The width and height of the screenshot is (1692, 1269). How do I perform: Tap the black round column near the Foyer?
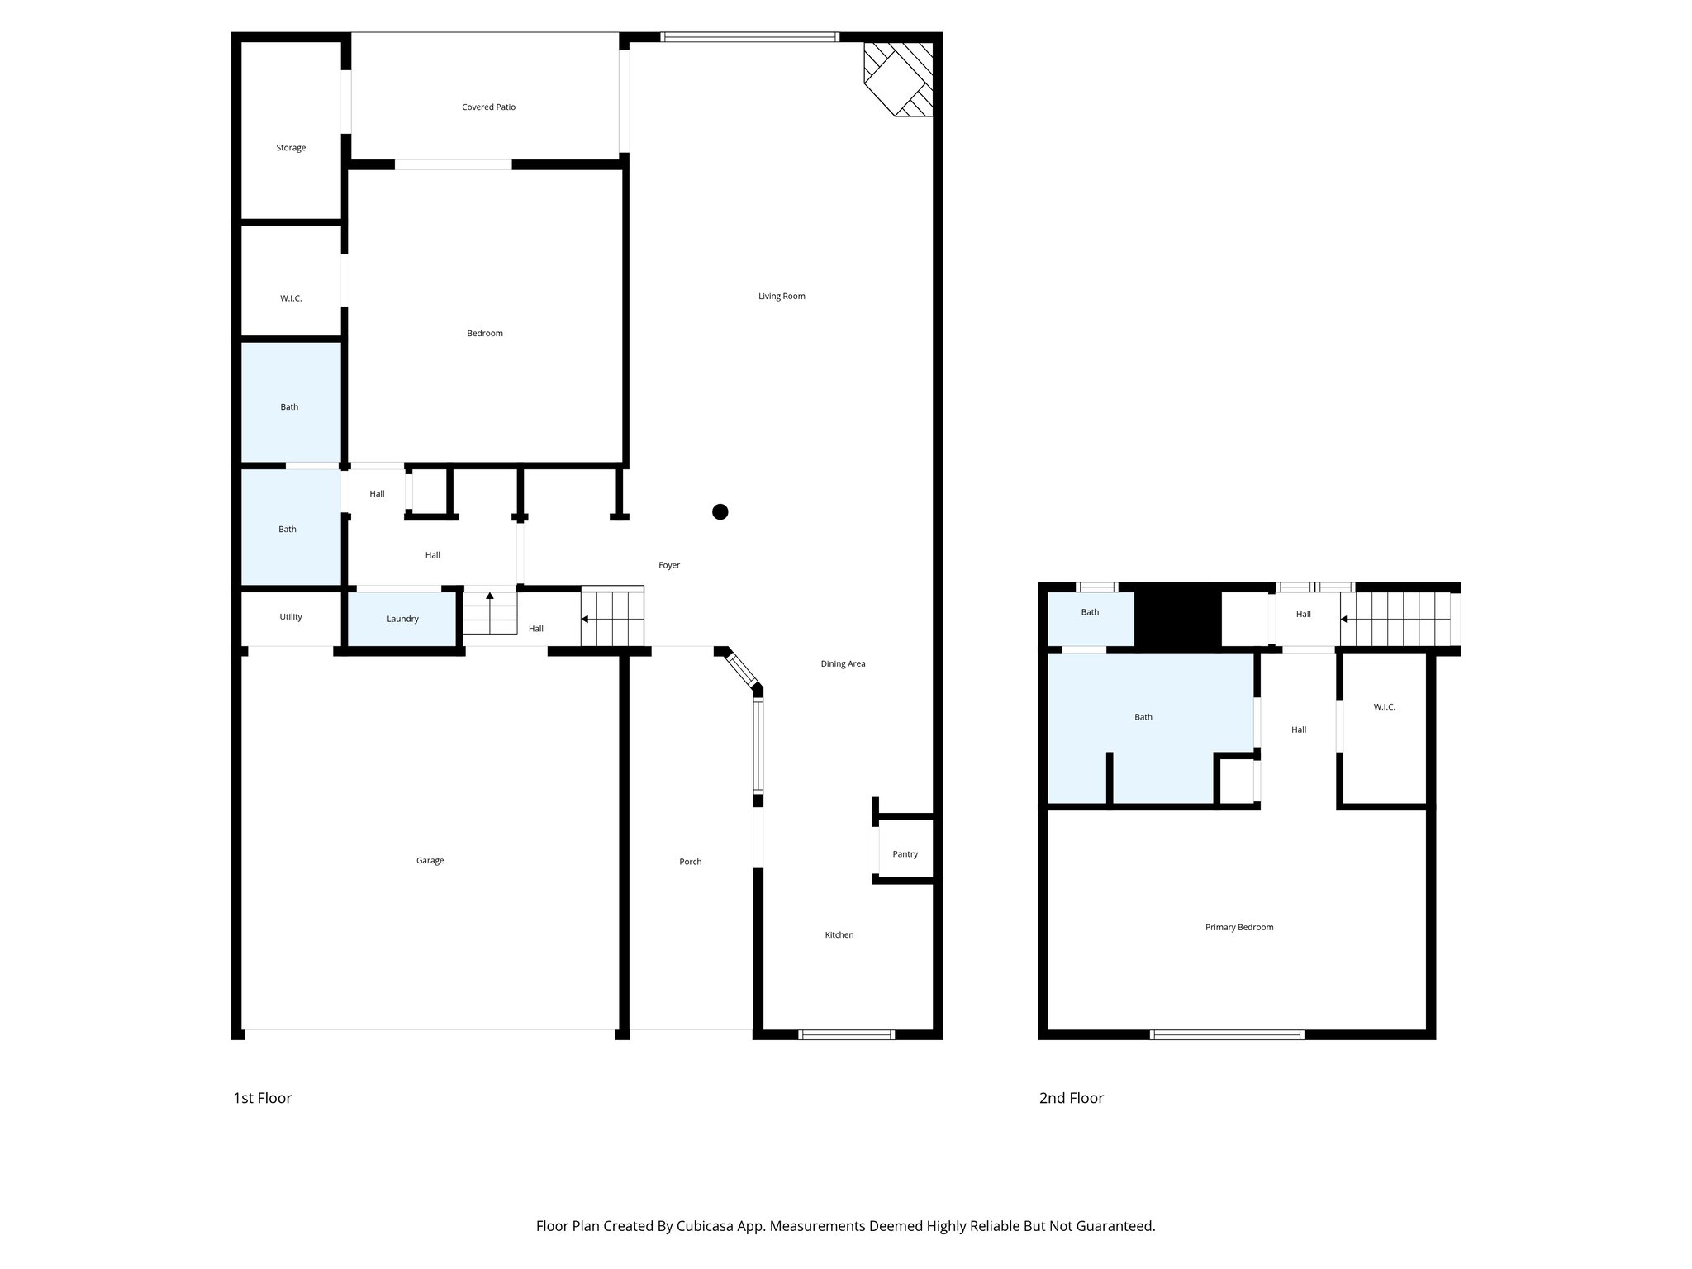[720, 512]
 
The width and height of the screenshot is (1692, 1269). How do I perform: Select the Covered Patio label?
[488, 107]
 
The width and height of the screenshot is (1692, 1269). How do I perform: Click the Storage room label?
[291, 148]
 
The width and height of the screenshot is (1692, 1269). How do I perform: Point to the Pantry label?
[905, 854]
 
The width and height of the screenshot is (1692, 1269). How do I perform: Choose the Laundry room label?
[402, 619]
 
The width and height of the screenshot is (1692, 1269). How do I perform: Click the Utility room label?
[291, 616]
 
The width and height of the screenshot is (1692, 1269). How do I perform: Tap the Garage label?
[430, 861]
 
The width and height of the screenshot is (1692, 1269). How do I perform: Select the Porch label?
[690, 862]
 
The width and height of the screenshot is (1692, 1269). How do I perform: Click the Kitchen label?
[839, 935]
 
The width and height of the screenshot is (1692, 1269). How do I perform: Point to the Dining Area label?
[843, 663]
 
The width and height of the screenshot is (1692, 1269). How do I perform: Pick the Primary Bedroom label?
[1238, 927]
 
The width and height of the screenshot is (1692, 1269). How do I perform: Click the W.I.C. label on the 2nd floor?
[1384, 707]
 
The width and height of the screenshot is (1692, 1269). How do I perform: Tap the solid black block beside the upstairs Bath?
[1177, 615]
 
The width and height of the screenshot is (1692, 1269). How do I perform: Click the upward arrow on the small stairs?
[490, 596]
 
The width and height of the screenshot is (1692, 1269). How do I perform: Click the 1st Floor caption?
[262, 1098]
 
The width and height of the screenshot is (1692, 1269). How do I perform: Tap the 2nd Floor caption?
[1071, 1098]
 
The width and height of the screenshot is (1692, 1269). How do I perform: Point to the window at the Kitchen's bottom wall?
[847, 1034]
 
